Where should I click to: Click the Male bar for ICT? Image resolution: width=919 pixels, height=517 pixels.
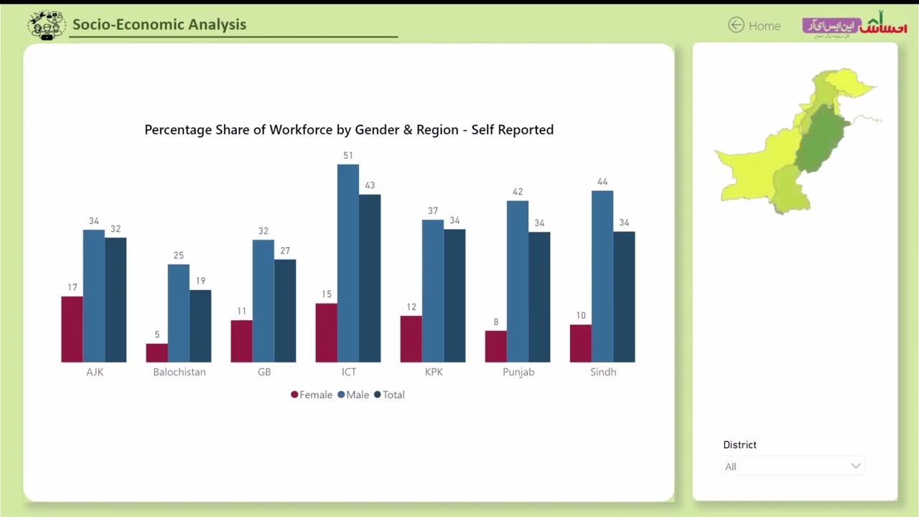tap(348, 264)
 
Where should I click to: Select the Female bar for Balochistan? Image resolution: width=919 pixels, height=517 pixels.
tap(157, 353)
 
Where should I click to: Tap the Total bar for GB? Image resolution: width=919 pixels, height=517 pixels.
tap(285, 311)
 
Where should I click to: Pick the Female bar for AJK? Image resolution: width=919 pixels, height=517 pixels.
tap(72, 329)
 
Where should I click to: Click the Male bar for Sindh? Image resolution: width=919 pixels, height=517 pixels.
tap(602, 276)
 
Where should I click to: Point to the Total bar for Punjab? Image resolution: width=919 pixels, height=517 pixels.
tap(539, 297)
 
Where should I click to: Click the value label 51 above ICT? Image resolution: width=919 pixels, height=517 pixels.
tap(348, 155)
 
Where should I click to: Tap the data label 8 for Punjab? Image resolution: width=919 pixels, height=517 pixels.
tap(495, 322)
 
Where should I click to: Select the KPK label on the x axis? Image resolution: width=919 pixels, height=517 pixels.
tap(434, 372)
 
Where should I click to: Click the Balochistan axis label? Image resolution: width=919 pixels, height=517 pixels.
tap(179, 372)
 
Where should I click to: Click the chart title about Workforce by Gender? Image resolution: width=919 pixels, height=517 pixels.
tap(349, 130)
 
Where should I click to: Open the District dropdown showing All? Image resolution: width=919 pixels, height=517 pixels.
tap(792, 466)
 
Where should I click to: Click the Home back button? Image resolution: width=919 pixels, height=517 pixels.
tap(754, 25)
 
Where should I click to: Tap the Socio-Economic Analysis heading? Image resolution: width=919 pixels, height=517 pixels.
tap(159, 24)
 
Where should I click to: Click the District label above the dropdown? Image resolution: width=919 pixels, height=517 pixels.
tap(740, 444)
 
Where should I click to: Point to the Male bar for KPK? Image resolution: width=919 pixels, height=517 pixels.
tap(433, 291)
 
